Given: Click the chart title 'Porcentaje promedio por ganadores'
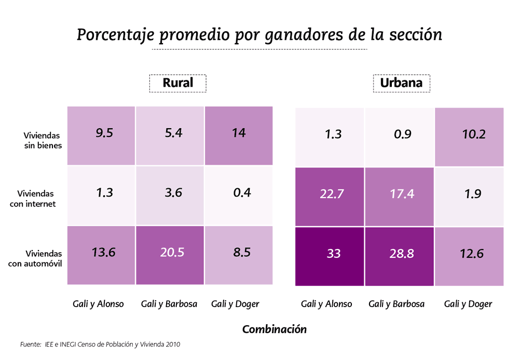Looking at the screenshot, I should (x=259, y=34).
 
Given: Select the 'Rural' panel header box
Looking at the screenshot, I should (x=177, y=83).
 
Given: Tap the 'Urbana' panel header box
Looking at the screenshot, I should (x=401, y=83).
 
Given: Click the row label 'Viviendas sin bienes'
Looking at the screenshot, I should (x=43, y=141).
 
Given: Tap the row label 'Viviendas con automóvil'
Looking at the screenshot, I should (x=36, y=258).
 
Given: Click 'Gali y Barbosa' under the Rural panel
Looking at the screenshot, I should (x=169, y=304).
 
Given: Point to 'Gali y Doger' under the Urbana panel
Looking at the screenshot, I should (x=468, y=304).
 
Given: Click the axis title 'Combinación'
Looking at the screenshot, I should (x=275, y=329).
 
